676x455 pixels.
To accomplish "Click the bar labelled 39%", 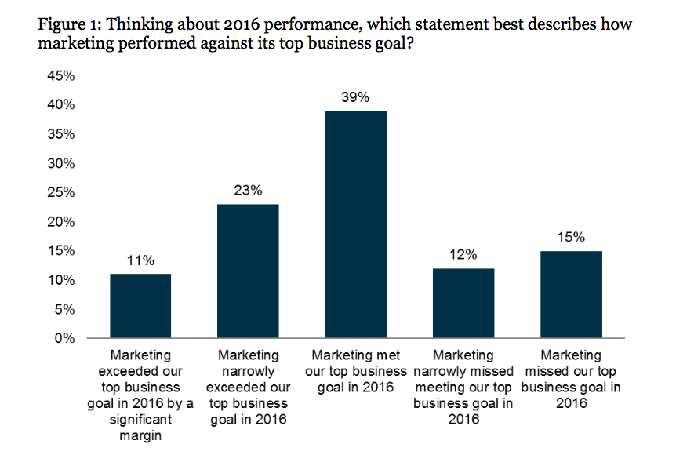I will click(356, 224).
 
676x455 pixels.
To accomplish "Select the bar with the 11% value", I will click(140, 306).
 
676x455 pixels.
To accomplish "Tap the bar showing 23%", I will click(249, 271).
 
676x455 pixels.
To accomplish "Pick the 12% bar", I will click(463, 304).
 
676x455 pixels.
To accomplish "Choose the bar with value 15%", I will click(572, 295).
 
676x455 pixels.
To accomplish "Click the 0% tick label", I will click(65, 339).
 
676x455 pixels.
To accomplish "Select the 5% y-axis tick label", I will click(65, 310).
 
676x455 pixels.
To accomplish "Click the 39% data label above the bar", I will click(356, 97).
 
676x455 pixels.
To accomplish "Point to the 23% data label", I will click(249, 191).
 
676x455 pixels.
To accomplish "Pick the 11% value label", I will click(140, 260).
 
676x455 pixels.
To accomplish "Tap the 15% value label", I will click(572, 238).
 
